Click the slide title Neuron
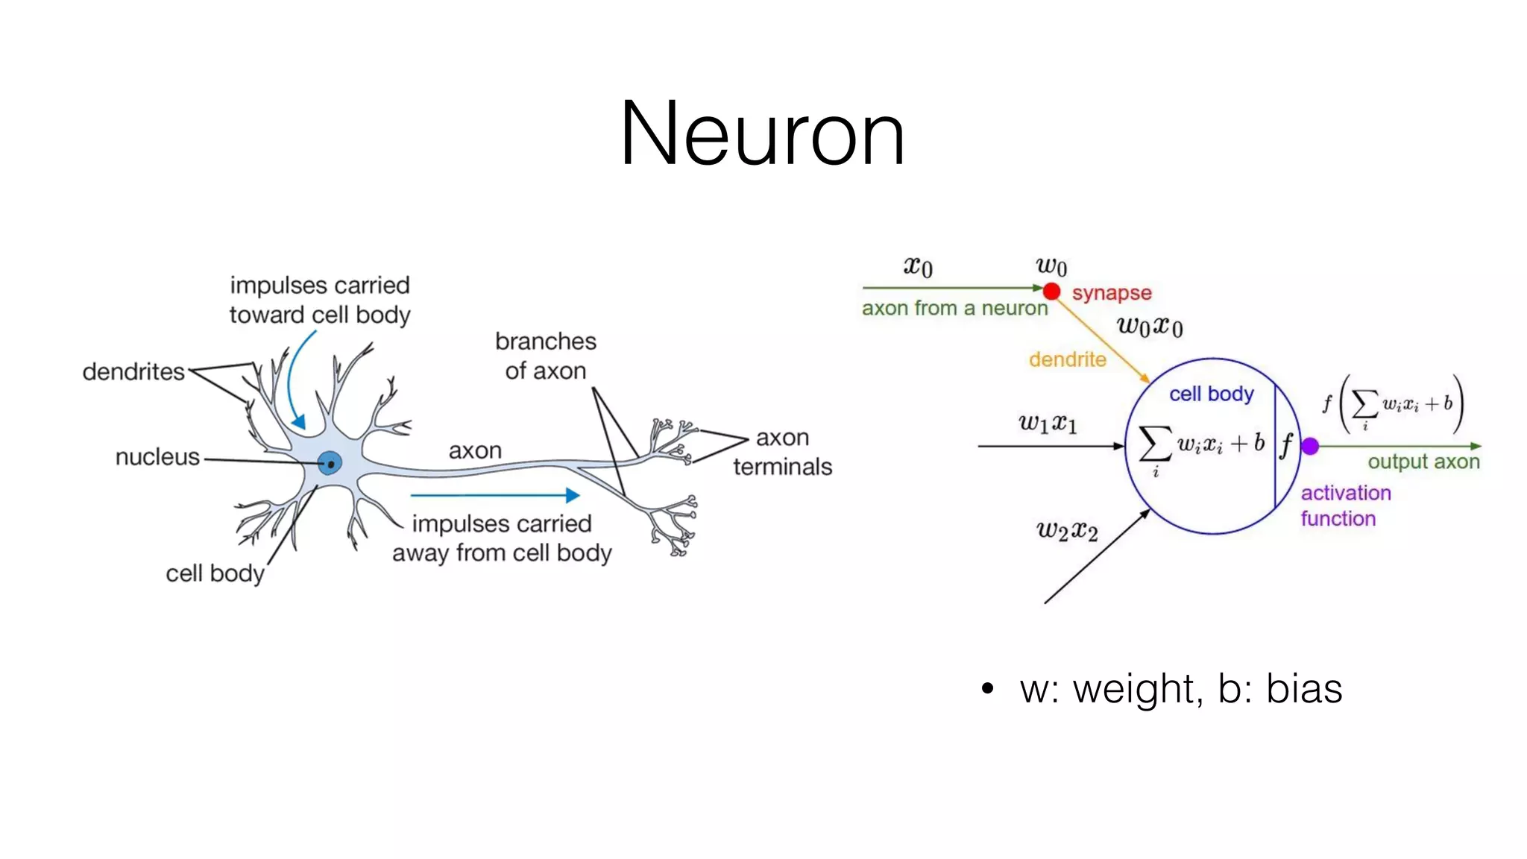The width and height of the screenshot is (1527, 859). (762, 134)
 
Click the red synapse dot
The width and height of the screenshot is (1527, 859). (1051, 290)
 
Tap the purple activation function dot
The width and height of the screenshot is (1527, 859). (1310, 447)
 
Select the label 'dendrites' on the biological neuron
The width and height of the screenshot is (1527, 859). (133, 371)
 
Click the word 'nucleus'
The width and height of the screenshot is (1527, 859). (157, 456)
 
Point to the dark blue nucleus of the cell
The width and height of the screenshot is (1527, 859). (330, 463)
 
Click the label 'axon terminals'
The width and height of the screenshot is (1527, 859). (782, 452)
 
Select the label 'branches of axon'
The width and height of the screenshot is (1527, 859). (546, 356)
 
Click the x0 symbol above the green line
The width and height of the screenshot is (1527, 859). (918, 266)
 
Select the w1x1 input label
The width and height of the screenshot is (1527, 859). (1048, 424)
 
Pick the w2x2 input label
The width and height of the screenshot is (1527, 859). (1067, 531)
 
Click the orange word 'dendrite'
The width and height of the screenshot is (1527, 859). (1067, 359)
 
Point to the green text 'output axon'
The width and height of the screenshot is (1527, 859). (1423, 462)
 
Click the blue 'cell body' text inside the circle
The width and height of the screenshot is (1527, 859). (1211, 394)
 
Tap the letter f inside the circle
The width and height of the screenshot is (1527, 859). (1286, 445)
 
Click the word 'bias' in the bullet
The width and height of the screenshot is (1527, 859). (1304, 688)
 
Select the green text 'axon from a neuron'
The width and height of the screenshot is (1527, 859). (954, 308)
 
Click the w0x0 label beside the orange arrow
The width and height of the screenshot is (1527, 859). (1150, 327)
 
